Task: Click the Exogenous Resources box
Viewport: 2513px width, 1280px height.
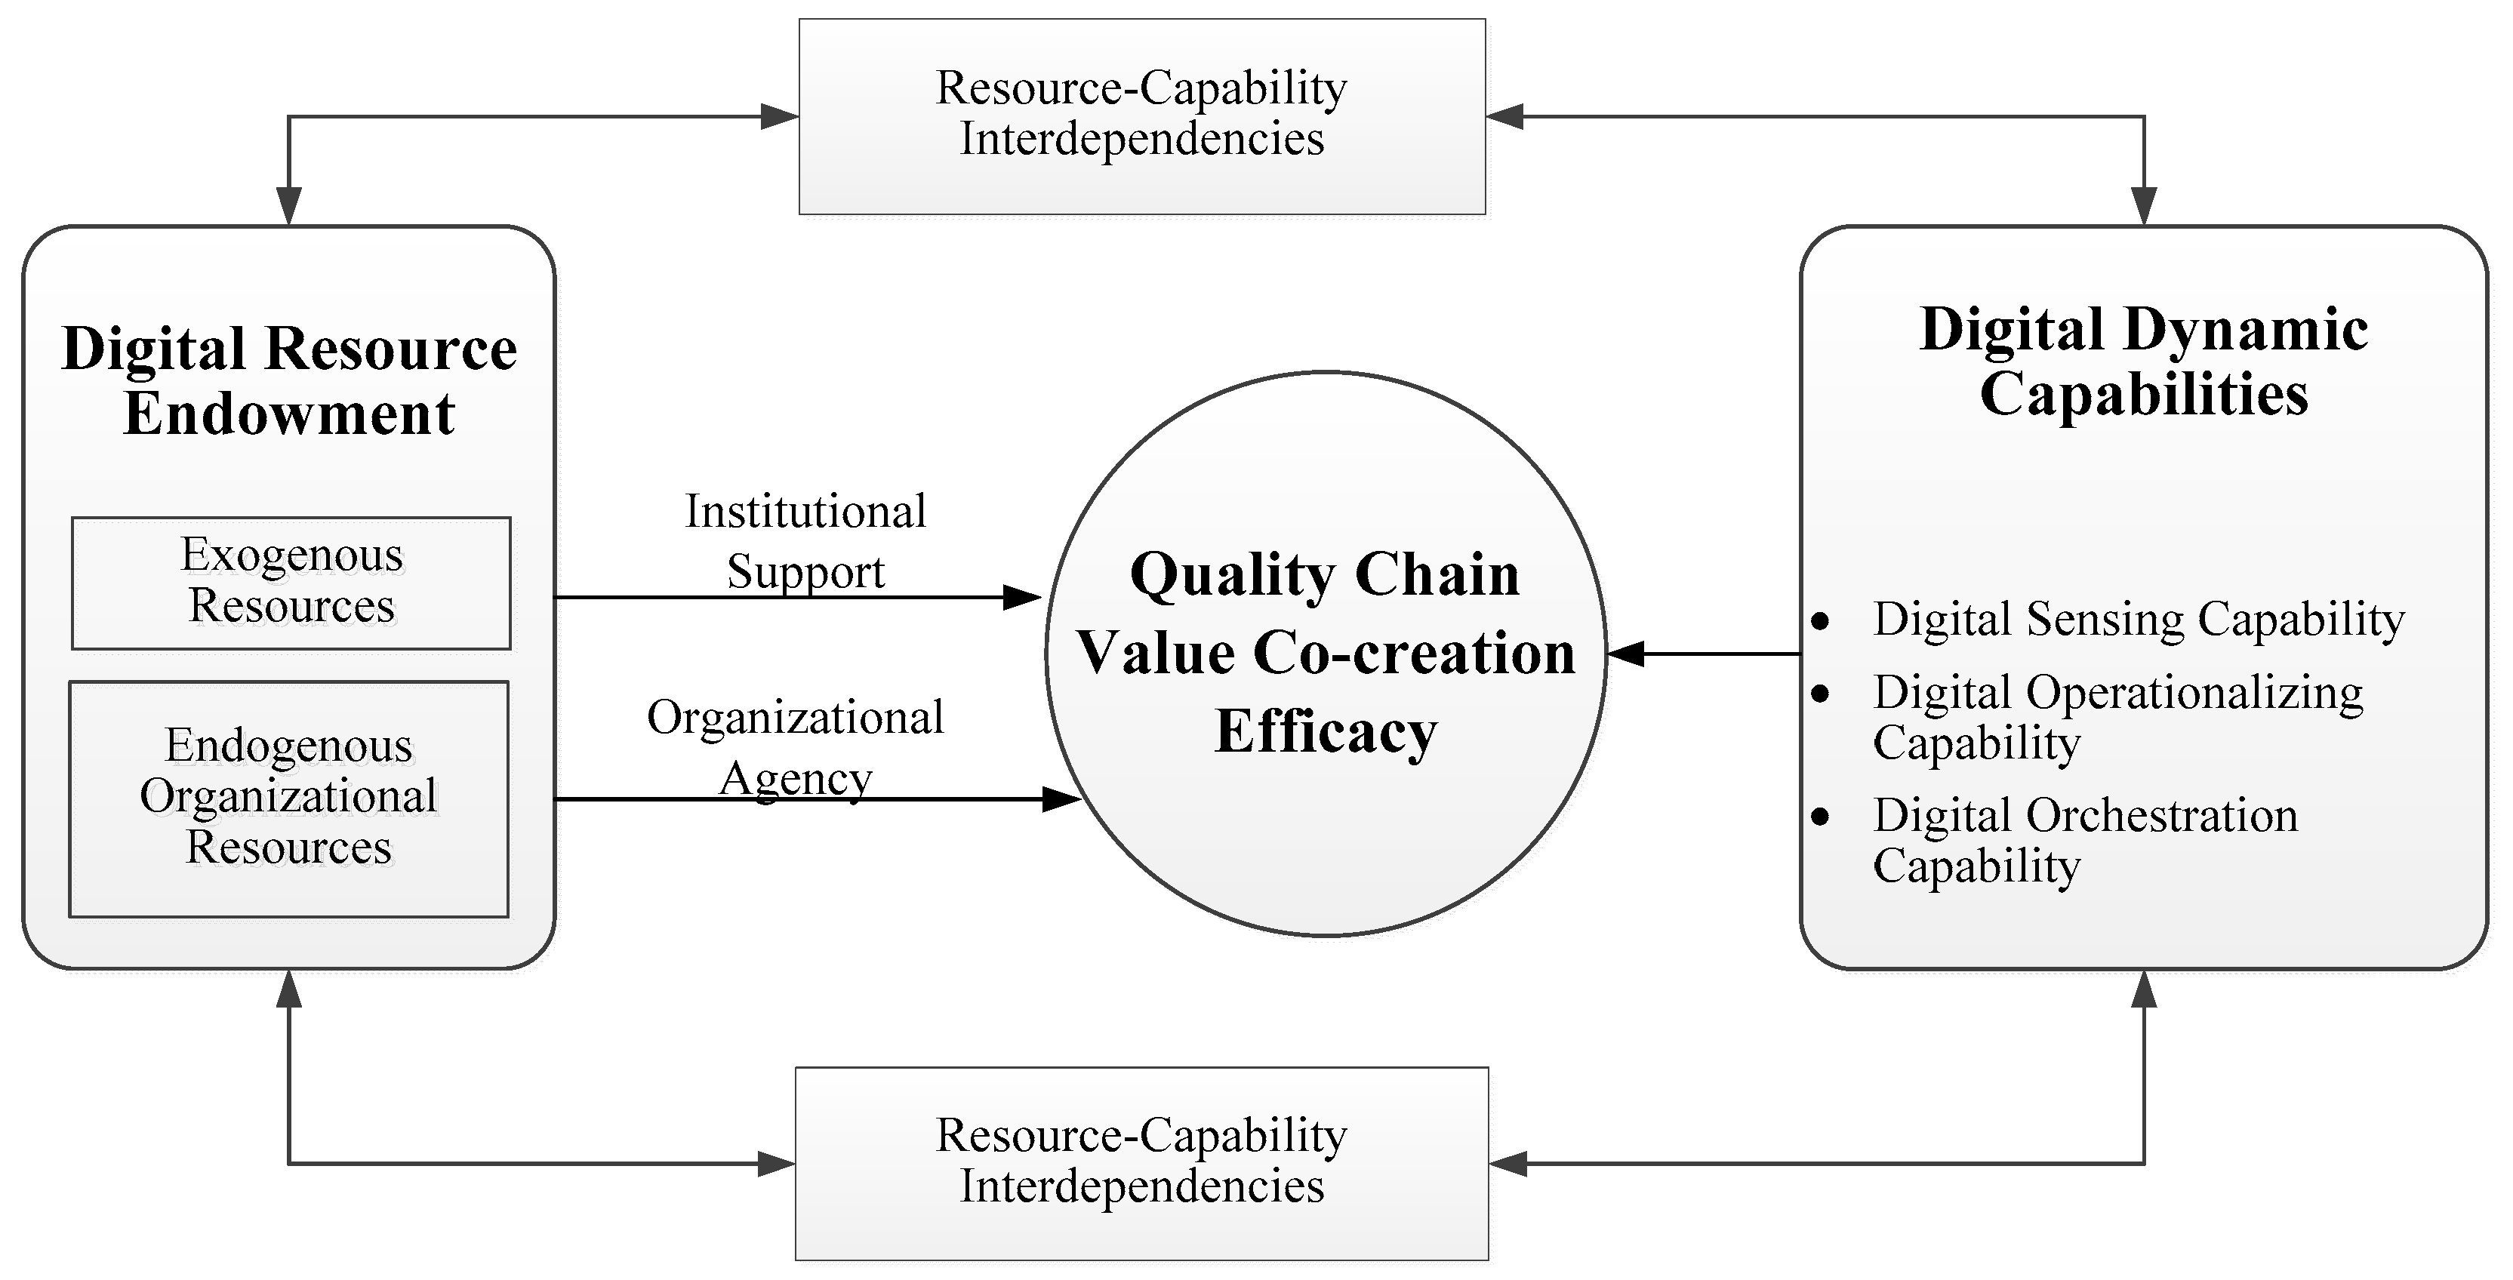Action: click(291, 583)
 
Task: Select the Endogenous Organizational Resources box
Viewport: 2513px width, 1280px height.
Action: click(289, 798)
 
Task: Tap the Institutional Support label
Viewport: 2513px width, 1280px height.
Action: click(805, 540)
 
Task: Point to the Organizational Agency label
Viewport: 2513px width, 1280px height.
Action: click(795, 747)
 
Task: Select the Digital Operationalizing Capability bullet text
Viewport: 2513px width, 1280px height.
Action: click(2117, 717)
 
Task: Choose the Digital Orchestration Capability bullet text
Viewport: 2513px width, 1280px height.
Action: click(2085, 840)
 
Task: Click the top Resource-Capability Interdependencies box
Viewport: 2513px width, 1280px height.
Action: click(1141, 115)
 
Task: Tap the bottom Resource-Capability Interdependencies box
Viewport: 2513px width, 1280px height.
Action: click(1141, 1162)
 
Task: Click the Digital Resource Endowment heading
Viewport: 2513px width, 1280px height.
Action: click(289, 380)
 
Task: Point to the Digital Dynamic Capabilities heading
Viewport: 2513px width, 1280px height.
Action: click(2143, 361)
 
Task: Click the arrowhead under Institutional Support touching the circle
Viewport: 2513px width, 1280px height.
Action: click(1022, 597)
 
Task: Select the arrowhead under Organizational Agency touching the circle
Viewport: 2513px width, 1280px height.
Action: click(1061, 800)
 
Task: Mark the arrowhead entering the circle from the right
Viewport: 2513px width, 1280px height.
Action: click(1625, 654)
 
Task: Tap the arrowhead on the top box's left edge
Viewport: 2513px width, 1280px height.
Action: click(780, 117)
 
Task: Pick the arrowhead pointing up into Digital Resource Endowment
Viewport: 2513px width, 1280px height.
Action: click(289, 989)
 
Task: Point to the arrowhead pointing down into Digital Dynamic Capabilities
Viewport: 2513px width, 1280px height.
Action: click(2143, 206)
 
